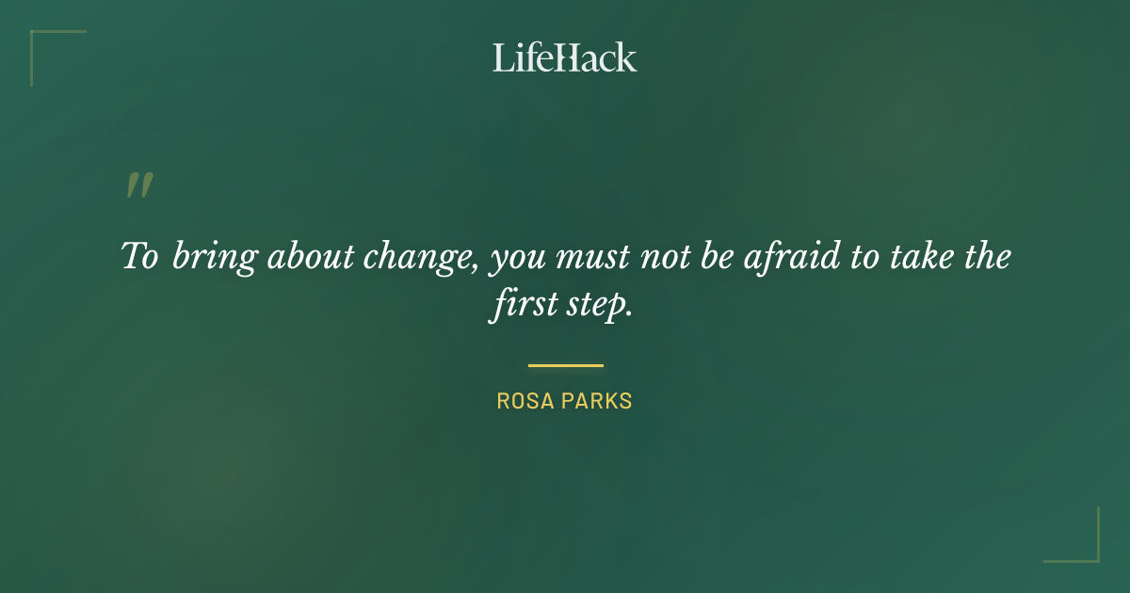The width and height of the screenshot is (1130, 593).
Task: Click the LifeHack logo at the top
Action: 565,57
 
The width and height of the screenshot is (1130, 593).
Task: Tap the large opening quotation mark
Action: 139,185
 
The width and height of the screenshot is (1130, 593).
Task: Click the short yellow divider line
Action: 565,365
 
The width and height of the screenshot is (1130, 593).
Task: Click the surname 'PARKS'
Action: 598,401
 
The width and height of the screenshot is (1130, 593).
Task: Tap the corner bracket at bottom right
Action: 1084,547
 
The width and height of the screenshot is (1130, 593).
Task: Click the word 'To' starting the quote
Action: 139,256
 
